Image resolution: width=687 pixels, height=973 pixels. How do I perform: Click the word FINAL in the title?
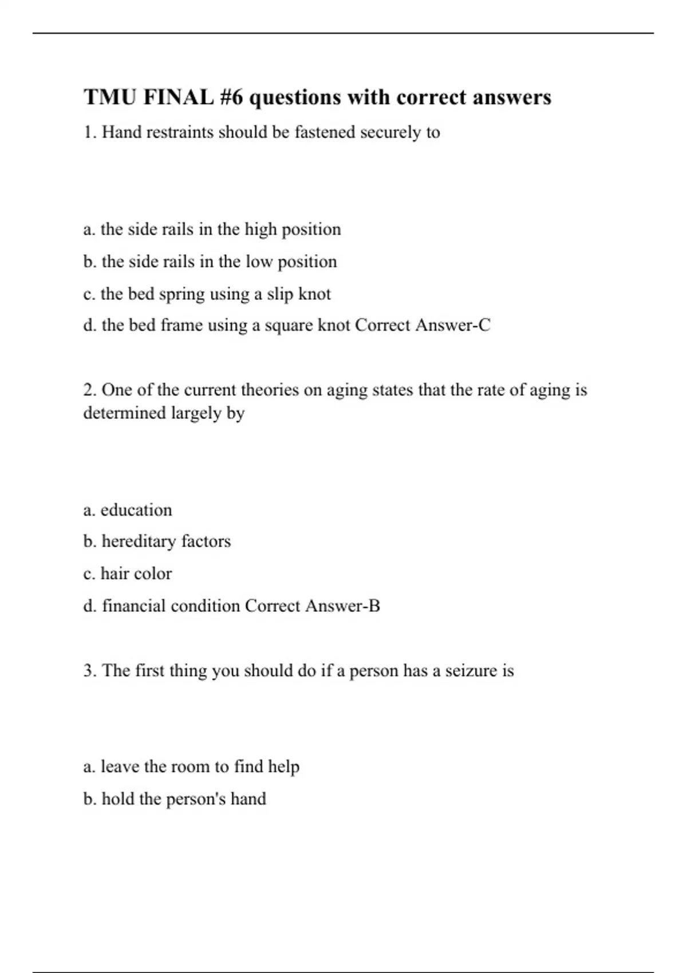click(x=178, y=97)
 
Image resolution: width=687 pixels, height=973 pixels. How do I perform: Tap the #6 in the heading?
click(x=231, y=97)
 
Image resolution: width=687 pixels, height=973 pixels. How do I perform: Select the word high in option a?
click(x=260, y=230)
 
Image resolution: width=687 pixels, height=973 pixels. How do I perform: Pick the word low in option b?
click(x=259, y=262)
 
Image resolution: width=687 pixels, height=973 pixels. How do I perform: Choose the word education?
click(x=136, y=510)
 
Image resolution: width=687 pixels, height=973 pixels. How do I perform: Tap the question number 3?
click(x=89, y=670)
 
